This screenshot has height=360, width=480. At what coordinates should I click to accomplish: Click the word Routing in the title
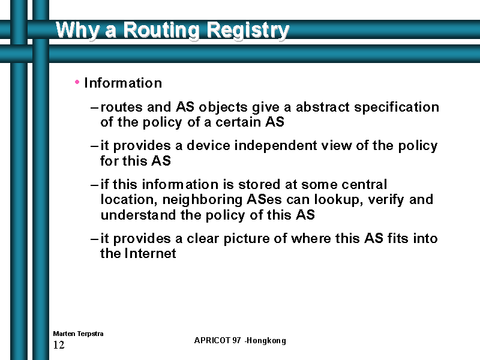(161, 31)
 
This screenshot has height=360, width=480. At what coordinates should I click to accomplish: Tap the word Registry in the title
(248, 31)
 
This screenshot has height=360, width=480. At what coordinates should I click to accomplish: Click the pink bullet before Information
(77, 82)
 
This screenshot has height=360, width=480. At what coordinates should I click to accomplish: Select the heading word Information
(123, 83)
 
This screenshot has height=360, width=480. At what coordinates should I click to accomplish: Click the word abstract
(322, 107)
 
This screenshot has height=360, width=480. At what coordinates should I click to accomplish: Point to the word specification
(397, 107)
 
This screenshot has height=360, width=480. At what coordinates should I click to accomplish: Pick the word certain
(238, 122)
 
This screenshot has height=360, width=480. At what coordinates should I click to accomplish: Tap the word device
(208, 145)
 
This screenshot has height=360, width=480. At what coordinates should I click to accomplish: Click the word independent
(275, 146)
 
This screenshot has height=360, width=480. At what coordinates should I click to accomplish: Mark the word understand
(139, 215)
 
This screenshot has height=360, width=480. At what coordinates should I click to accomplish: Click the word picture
(247, 239)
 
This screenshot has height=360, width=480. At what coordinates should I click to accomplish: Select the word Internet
(151, 253)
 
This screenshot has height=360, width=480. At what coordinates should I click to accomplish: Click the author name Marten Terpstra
(78, 334)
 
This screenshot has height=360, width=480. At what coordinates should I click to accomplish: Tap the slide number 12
(59, 345)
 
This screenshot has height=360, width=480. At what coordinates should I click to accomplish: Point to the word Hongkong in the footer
(266, 341)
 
